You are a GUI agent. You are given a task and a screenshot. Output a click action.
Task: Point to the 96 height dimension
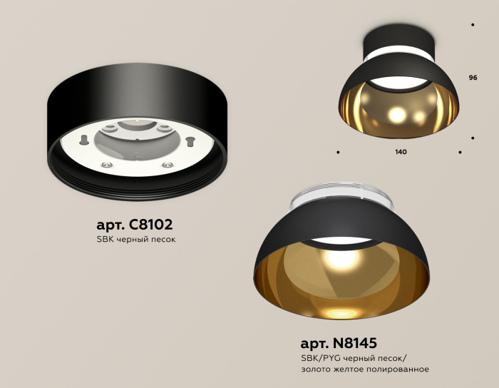(x=473, y=76)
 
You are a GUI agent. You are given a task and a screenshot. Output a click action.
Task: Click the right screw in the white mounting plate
(x=168, y=165)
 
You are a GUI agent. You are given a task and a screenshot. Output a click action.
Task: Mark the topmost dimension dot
(x=473, y=25)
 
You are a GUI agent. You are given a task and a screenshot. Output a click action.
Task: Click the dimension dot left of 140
(x=338, y=152)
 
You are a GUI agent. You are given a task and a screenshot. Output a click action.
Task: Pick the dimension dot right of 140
(x=461, y=152)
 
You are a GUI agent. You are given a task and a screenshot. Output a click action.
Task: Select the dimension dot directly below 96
(x=473, y=137)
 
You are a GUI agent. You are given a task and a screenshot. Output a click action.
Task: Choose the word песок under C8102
(x=162, y=239)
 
